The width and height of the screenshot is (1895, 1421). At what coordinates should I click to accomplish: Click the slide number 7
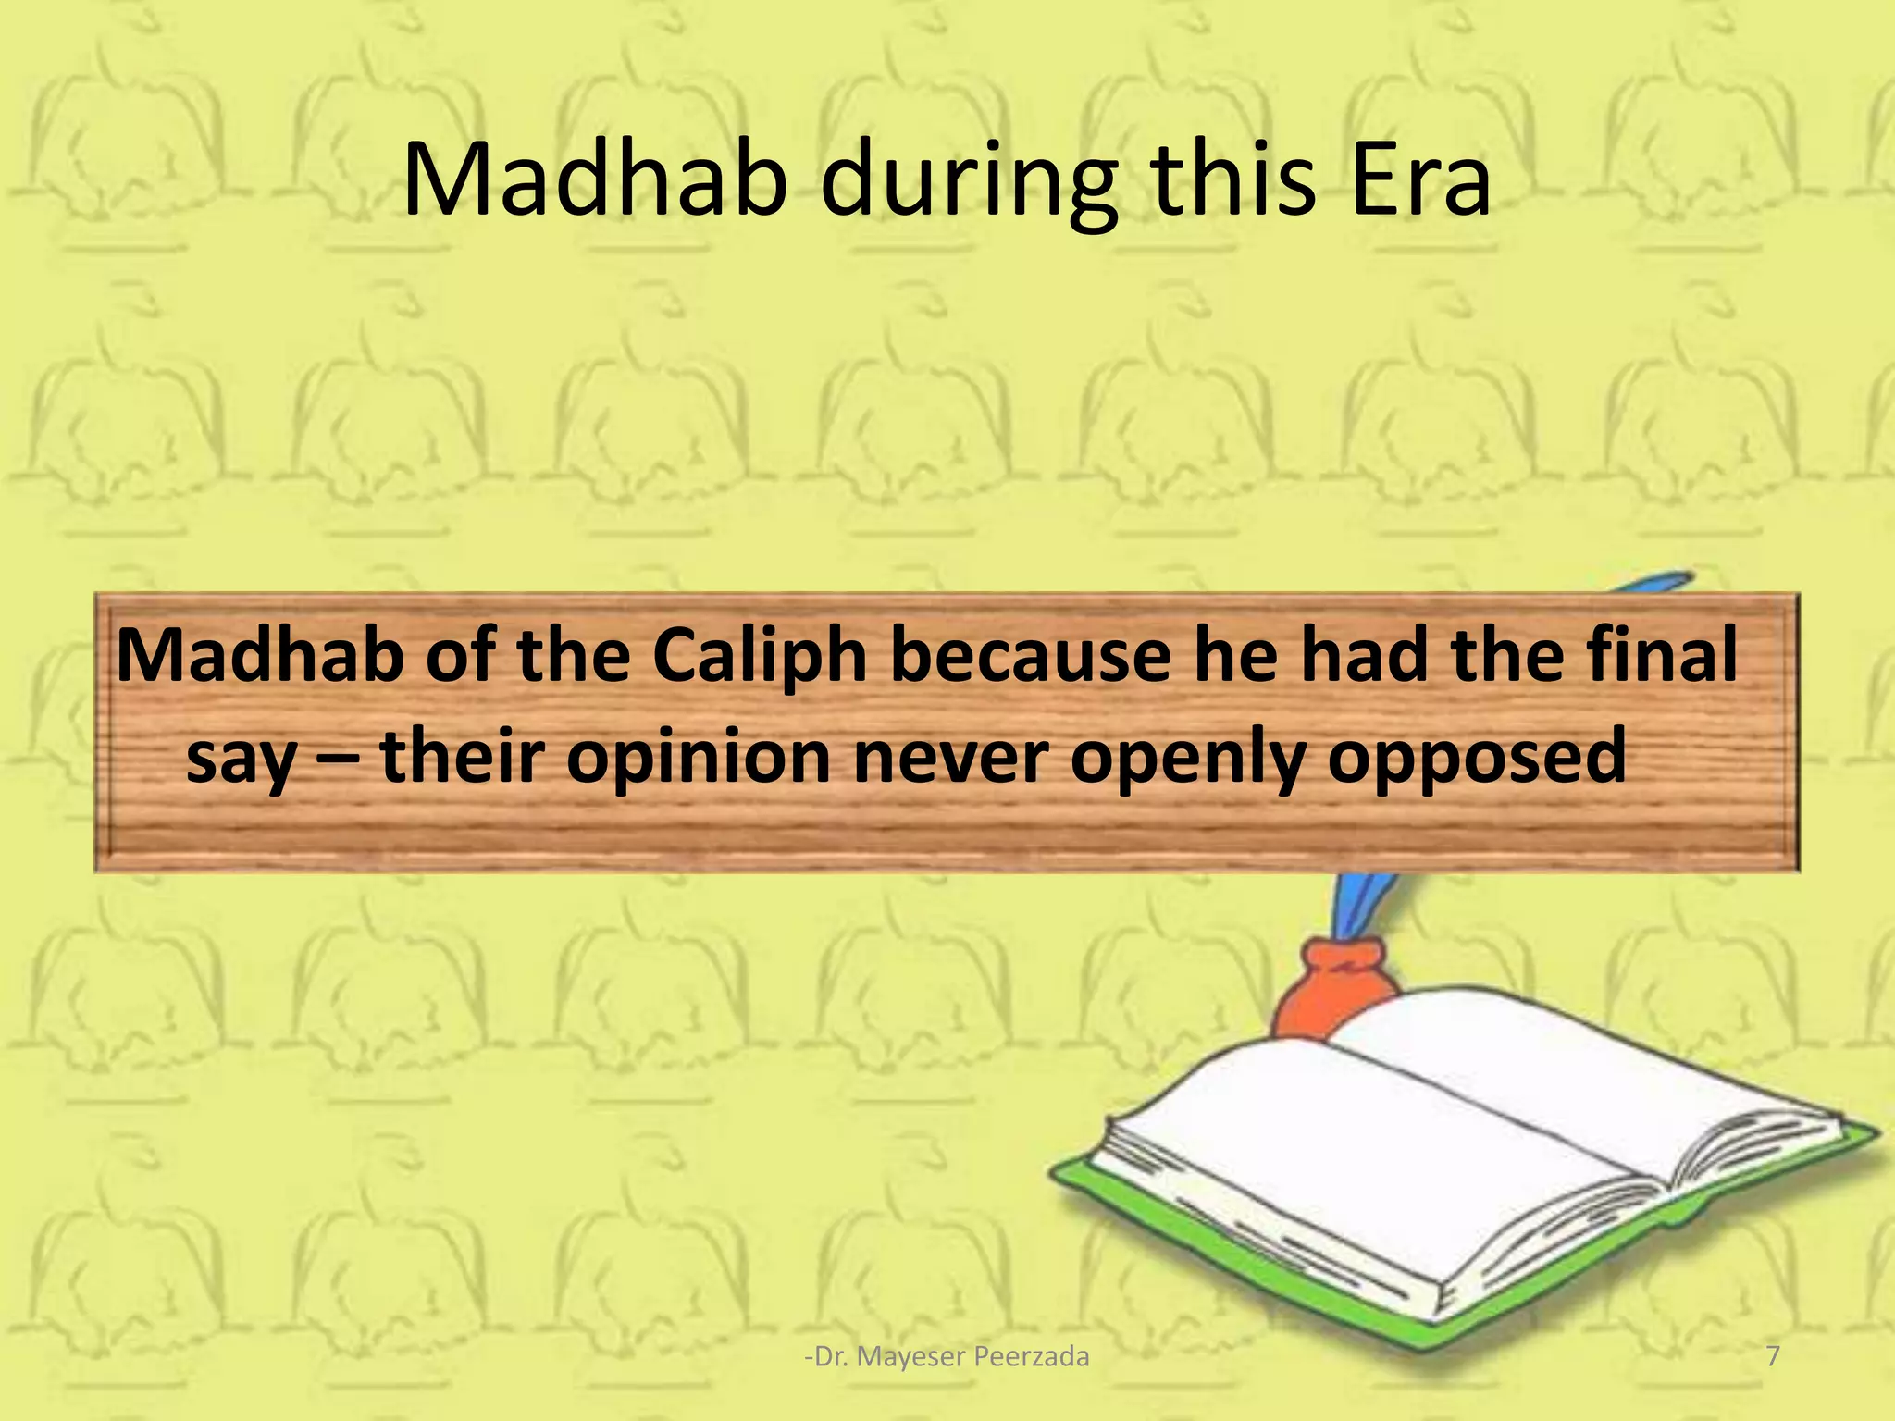tap(1773, 1356)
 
